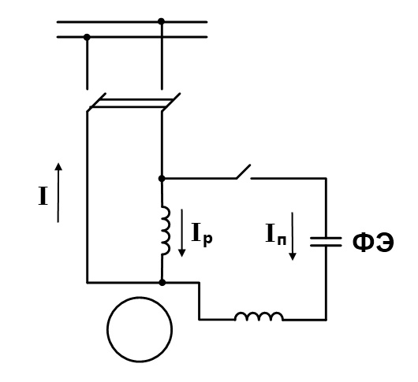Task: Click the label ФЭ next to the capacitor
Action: [x=373, y=243]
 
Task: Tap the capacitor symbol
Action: [x=326, y=242]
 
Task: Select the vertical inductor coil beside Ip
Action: [x=166, y=230]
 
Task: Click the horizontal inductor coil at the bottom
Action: [x=259, y=317]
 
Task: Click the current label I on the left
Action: [x=43, y=196]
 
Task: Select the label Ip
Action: [x=202, y=233]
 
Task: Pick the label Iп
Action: [x=276, y=234]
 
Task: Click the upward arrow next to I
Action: [x=58, y=192]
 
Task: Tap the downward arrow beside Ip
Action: [x=182, y=233]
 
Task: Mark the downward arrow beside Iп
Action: [x=293, y=236]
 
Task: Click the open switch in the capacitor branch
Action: [x=244, y=172]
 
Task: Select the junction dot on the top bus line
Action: [x=161, y=21]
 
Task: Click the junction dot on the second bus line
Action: [x=87, y=37]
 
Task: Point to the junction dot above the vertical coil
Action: [x=162, y=178]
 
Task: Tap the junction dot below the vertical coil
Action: [x=162, y=282]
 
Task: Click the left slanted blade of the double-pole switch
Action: [x=96, y=102]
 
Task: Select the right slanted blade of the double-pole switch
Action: [x=171, y=102]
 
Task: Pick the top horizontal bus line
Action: [x=132, y=22]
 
